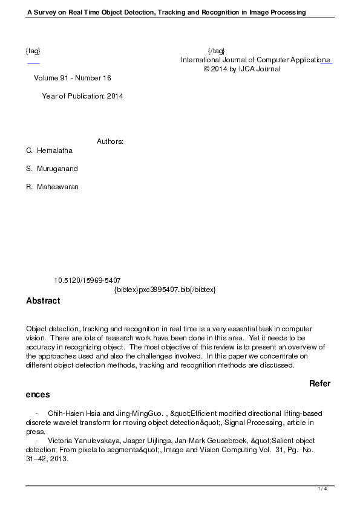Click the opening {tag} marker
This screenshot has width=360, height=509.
[33, 51]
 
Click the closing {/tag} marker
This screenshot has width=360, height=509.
[216, 51]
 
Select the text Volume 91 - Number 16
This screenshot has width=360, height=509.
[73, 78]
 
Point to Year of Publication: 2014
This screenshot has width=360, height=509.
[82, 96]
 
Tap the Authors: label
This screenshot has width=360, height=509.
[110, 141]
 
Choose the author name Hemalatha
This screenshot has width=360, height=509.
[54, 151]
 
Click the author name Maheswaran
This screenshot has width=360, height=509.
[57, 187]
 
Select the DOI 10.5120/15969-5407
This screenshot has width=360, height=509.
[87, 280]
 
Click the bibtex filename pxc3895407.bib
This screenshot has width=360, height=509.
[165, 290]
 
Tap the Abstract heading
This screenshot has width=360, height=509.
[43, 300]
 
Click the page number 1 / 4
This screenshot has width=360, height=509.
[322, 488]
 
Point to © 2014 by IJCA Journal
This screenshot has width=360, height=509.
[242, 69]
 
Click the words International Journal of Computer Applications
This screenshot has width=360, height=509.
[255, 60]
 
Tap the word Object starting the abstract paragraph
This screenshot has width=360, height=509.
[38, 328]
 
